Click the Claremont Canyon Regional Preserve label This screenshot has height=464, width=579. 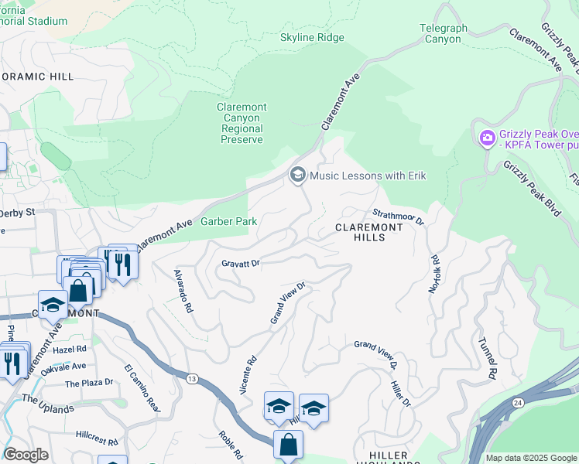[x=242, y=123]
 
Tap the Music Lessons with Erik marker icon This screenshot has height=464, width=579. [x=297, y=176]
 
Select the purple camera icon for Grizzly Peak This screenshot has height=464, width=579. [x=488, y=139]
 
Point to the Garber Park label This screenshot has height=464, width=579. [x=228, y=221]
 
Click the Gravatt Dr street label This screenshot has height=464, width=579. [x=240, y=264]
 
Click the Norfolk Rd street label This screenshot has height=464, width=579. [x=434, y=274]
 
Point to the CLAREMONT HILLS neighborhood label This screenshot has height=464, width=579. [x=369, y=232]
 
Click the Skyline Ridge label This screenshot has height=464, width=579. [x=312, y=37]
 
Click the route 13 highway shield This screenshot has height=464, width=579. [x=190, y=377]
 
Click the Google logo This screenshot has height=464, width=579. [x=26, y=455]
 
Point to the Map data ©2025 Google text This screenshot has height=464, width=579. [x=530, y=458]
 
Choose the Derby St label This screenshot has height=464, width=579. [x=17, y=212]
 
